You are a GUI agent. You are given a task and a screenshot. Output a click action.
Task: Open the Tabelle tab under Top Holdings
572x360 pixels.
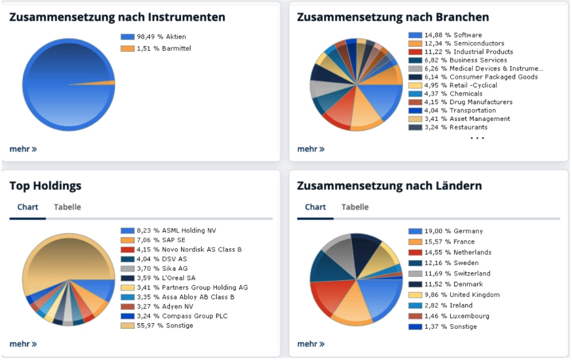tap(67, 207)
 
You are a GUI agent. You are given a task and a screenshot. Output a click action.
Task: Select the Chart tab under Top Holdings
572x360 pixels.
tap(27, 207)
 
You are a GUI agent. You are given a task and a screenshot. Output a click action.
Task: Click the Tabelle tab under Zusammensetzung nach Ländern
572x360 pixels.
tap(355, 207)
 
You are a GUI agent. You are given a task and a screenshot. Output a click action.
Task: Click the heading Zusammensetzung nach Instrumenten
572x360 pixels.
tap(117, 17)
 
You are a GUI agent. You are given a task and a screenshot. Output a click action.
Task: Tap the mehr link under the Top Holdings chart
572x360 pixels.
tap(23, 344)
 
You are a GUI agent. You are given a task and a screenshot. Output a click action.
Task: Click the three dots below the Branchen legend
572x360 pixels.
tap(477, 138)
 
